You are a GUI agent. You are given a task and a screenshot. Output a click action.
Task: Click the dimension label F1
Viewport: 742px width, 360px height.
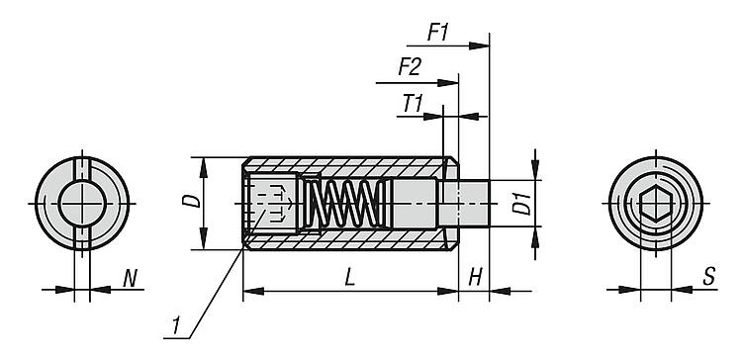[437, 33]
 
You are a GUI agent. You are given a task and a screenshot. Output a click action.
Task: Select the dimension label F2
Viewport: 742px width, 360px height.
[409, 67]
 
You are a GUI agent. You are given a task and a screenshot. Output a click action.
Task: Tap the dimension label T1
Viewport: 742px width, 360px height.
[413, 104]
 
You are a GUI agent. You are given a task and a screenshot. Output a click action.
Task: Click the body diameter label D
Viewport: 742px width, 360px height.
[191, 201]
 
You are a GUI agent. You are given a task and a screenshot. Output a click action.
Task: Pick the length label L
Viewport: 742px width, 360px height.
[349, 278]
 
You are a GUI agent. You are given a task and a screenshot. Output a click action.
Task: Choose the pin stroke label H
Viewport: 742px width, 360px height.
[476, 278]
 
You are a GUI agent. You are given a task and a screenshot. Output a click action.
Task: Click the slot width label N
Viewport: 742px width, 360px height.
[130, 278]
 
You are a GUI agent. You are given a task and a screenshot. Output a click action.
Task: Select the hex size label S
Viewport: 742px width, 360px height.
[708, 276]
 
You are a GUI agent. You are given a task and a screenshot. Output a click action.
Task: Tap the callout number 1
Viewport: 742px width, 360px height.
[175, 326]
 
